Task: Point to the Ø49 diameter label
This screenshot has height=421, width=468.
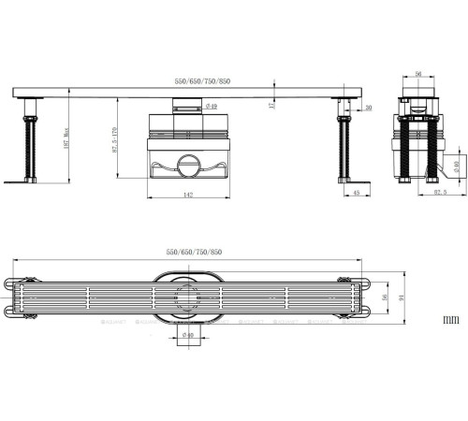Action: click(x=212, y=106)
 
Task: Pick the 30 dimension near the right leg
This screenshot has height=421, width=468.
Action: click(x=368, y=109)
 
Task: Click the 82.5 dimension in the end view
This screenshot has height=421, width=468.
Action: click(x=438, y=193)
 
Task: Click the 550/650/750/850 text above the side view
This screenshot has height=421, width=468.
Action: click(x=202, y=81)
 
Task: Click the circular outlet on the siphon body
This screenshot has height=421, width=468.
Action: click(x=186, y=167)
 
